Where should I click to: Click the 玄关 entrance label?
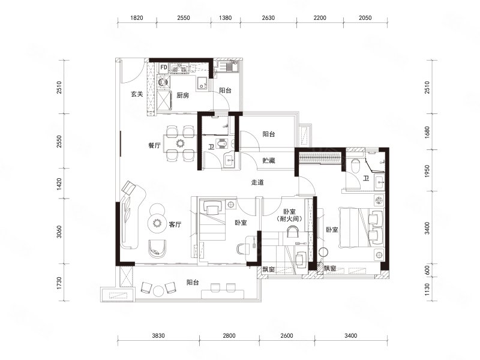[137, 94]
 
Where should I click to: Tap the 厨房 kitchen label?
[183, 95]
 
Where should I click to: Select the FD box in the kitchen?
[164, 67]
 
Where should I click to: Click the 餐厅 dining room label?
[155, 145]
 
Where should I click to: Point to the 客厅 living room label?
[175, 224]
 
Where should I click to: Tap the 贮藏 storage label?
[269, 160]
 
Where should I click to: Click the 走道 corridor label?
[257, 182]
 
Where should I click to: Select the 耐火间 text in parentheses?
[289, 219]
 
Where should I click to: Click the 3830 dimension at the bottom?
[158, 336]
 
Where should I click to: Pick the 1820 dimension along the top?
[137, 18]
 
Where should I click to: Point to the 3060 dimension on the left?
[59, 232]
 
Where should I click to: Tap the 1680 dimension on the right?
[427, 132]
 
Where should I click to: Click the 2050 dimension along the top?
[365, 18]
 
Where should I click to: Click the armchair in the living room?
[158, 248]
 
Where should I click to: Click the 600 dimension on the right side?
[427, 270]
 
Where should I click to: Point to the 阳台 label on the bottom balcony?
[193, 282]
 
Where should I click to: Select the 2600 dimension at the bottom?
[287, 336]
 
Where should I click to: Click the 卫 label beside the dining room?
[211, 147]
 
